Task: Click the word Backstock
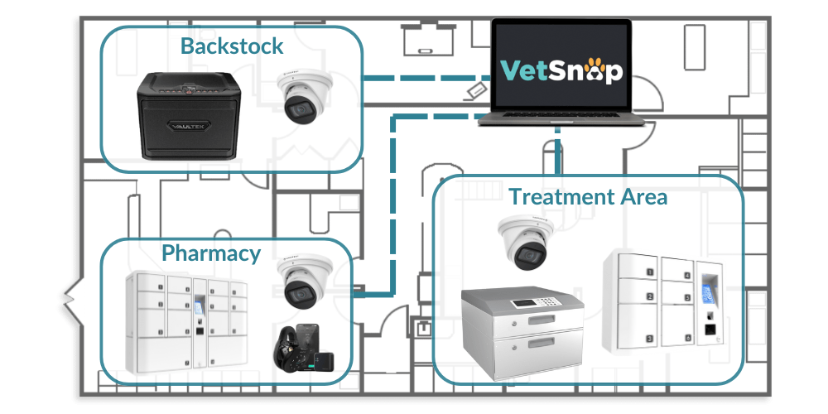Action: click(232, 46)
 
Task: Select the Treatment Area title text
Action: click(588, 197)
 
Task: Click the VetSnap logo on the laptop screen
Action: click(561, 70)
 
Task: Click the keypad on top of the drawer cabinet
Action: click(522, 303)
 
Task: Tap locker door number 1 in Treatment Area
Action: click(650, 271)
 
